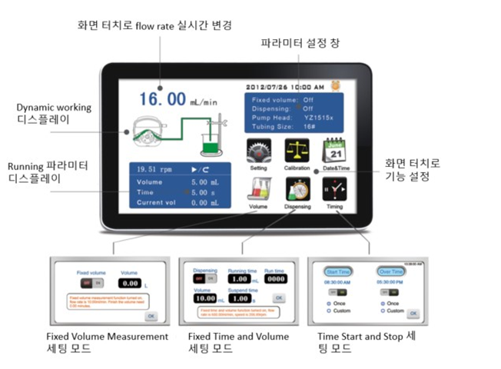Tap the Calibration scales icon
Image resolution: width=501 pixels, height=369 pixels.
coord(297,150)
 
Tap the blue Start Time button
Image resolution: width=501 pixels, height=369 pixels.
coord(338,271)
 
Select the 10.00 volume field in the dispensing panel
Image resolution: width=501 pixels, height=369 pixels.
coord(204,297)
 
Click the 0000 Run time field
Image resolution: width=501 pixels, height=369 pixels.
coord(275,280)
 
